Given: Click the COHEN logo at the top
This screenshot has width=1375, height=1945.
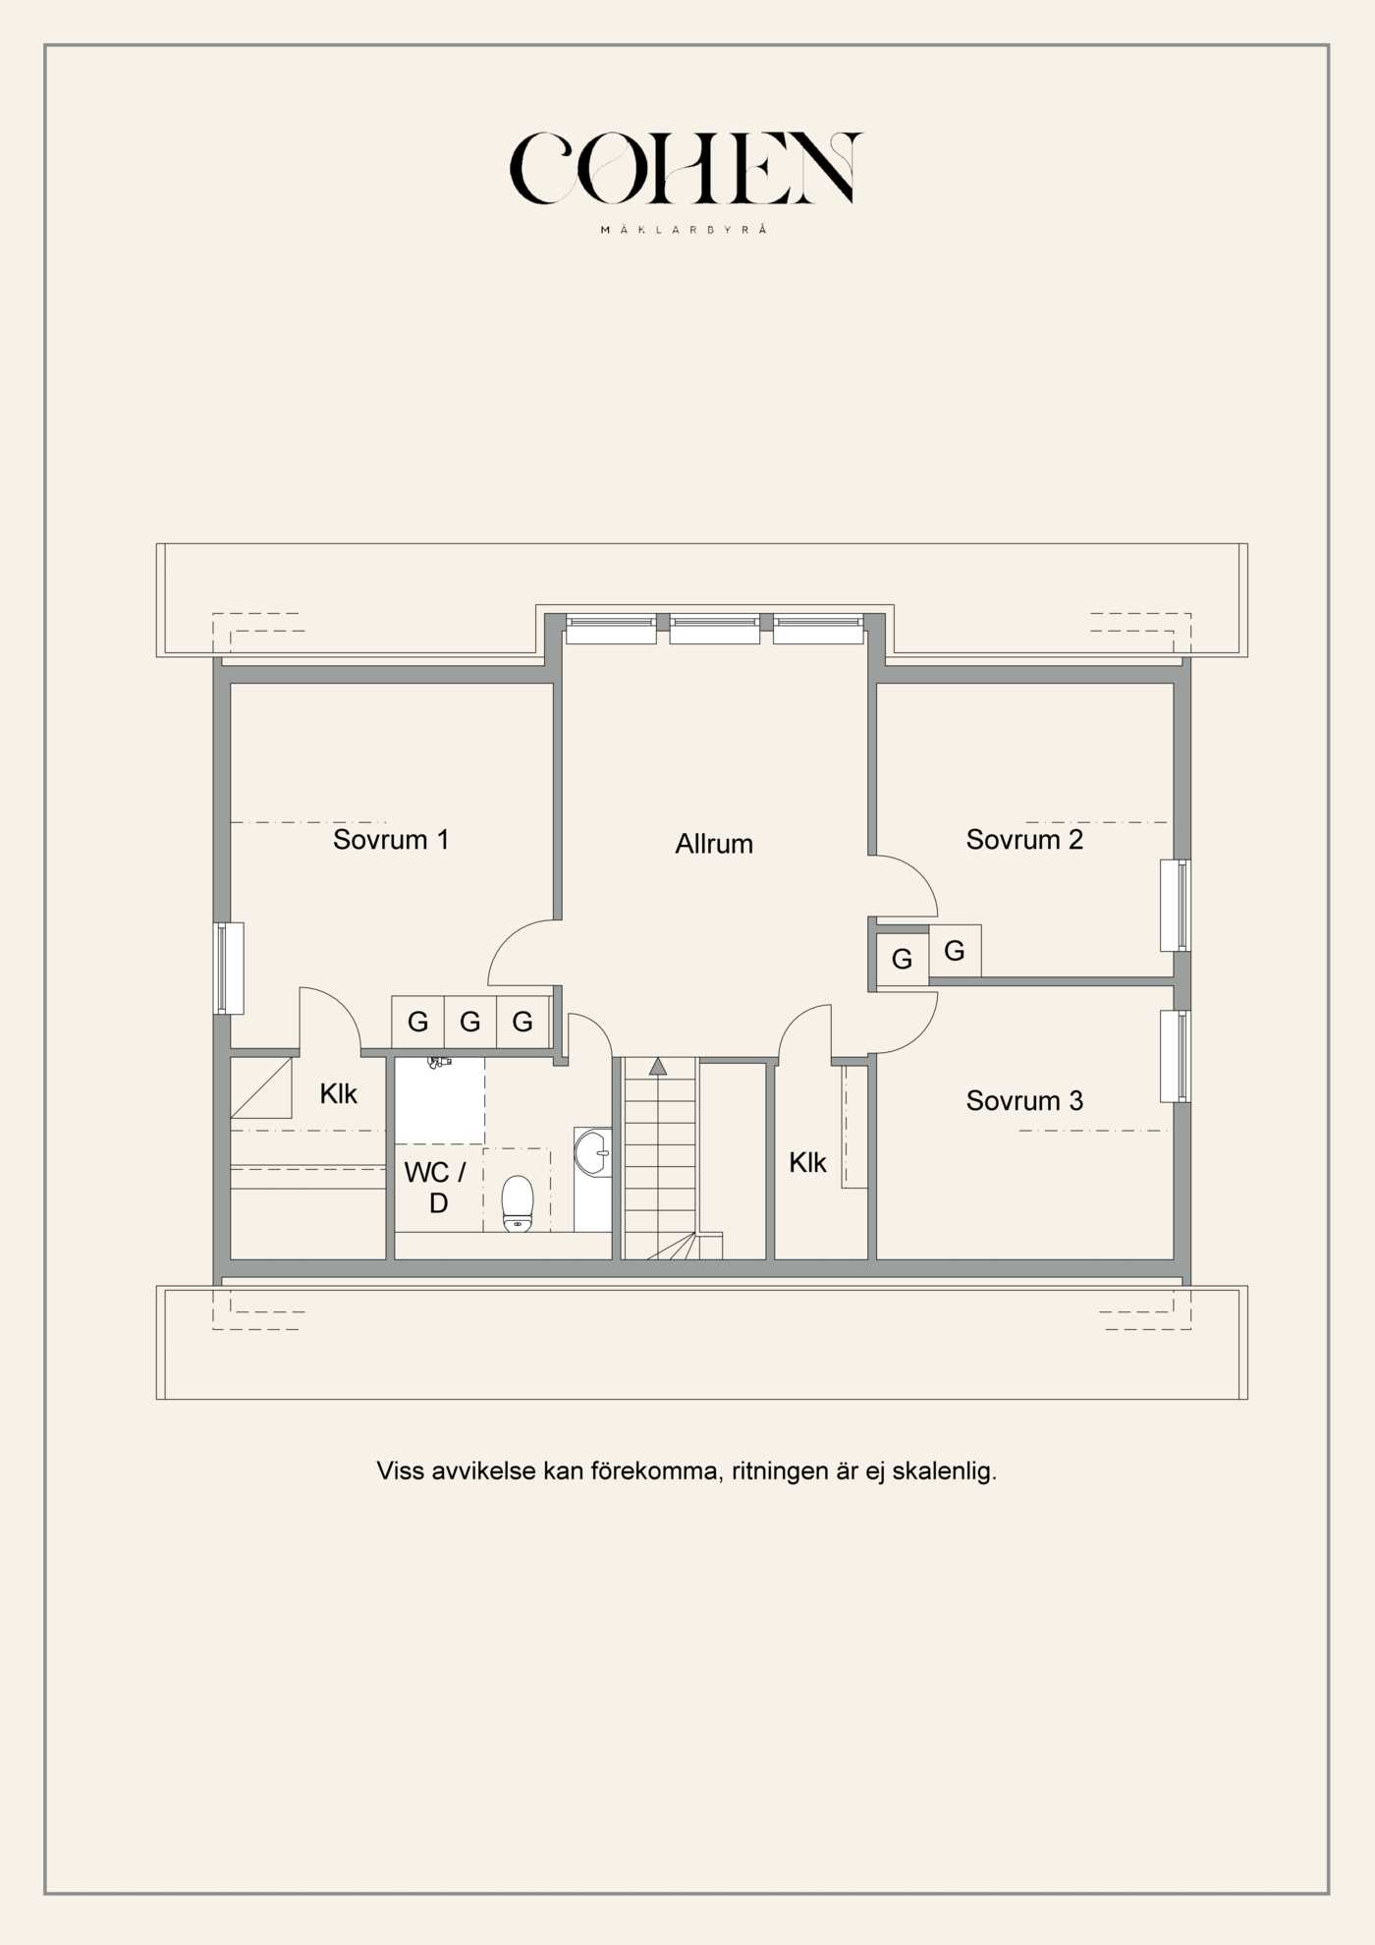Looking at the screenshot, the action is pos(686,168).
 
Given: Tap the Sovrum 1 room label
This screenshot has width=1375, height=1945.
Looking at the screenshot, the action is pos(391,840).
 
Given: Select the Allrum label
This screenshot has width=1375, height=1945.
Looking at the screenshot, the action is pos(714,844).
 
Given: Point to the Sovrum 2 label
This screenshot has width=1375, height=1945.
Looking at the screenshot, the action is pos(1024,840).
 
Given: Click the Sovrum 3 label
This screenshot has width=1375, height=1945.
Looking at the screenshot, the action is pos(1024,1101).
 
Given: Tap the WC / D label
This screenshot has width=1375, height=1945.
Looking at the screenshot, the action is pos(435,1187).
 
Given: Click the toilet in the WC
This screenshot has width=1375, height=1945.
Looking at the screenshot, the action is pos(518,1203).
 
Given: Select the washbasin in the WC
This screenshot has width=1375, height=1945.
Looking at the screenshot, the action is pos(593,1152).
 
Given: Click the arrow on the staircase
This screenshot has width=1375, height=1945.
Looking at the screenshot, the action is pos(658,1066).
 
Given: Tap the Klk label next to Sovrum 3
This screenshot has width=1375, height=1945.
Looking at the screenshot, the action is pos(807,1163).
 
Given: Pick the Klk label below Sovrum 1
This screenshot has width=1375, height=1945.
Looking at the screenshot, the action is pos(338,1094).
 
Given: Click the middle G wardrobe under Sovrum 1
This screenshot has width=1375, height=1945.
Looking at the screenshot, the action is pos(470,1023).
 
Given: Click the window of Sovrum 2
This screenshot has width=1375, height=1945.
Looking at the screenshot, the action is pos(1176,906).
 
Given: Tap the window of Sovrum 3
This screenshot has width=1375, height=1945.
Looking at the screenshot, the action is pos(1176,1056).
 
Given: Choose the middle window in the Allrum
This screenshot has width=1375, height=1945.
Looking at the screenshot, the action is pos(715,629).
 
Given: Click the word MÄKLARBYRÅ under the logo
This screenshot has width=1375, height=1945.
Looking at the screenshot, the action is pos(684,230).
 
